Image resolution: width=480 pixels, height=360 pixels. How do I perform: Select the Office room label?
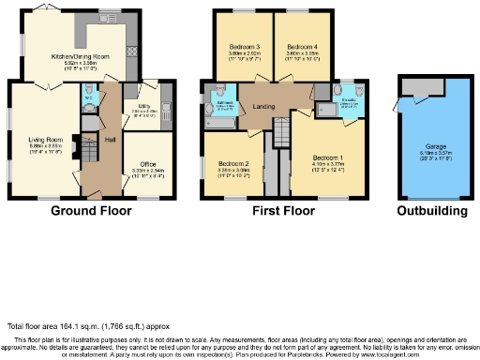point(148,163)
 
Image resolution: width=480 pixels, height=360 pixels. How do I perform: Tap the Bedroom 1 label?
point(328,157)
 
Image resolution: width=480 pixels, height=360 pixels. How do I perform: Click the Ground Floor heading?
point(91,211)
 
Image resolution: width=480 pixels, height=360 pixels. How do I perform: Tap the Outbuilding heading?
point(432,211)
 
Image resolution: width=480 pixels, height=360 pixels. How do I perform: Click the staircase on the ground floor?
point(86,150)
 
